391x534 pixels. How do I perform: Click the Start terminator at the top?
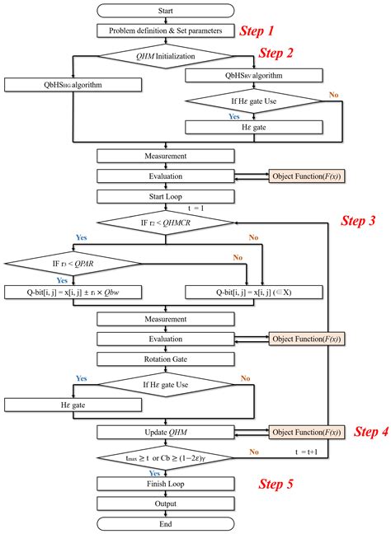coord(167,12)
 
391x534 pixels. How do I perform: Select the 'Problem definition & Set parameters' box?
coord(167,30)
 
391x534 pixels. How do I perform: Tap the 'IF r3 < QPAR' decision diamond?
coord(73,263)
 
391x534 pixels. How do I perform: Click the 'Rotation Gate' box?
coord(167,358)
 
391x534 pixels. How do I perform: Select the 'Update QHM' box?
coord(167,431)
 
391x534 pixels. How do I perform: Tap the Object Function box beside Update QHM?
coord(306,431)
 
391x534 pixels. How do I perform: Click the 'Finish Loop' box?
coord(167,483)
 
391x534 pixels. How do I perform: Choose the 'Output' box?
coord(167,503)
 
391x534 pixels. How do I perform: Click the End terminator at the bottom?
coord(167,523)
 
